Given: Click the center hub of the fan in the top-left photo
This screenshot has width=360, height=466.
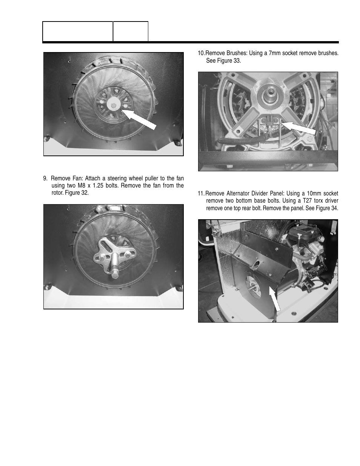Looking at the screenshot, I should (112, 103).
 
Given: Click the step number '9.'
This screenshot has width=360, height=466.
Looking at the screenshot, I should (46, 178).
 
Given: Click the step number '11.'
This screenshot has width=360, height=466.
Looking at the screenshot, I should (201, 194).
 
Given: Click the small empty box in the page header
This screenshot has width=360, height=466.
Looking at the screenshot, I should (131, 31).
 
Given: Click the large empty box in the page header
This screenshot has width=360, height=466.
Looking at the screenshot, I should (77, 31).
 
